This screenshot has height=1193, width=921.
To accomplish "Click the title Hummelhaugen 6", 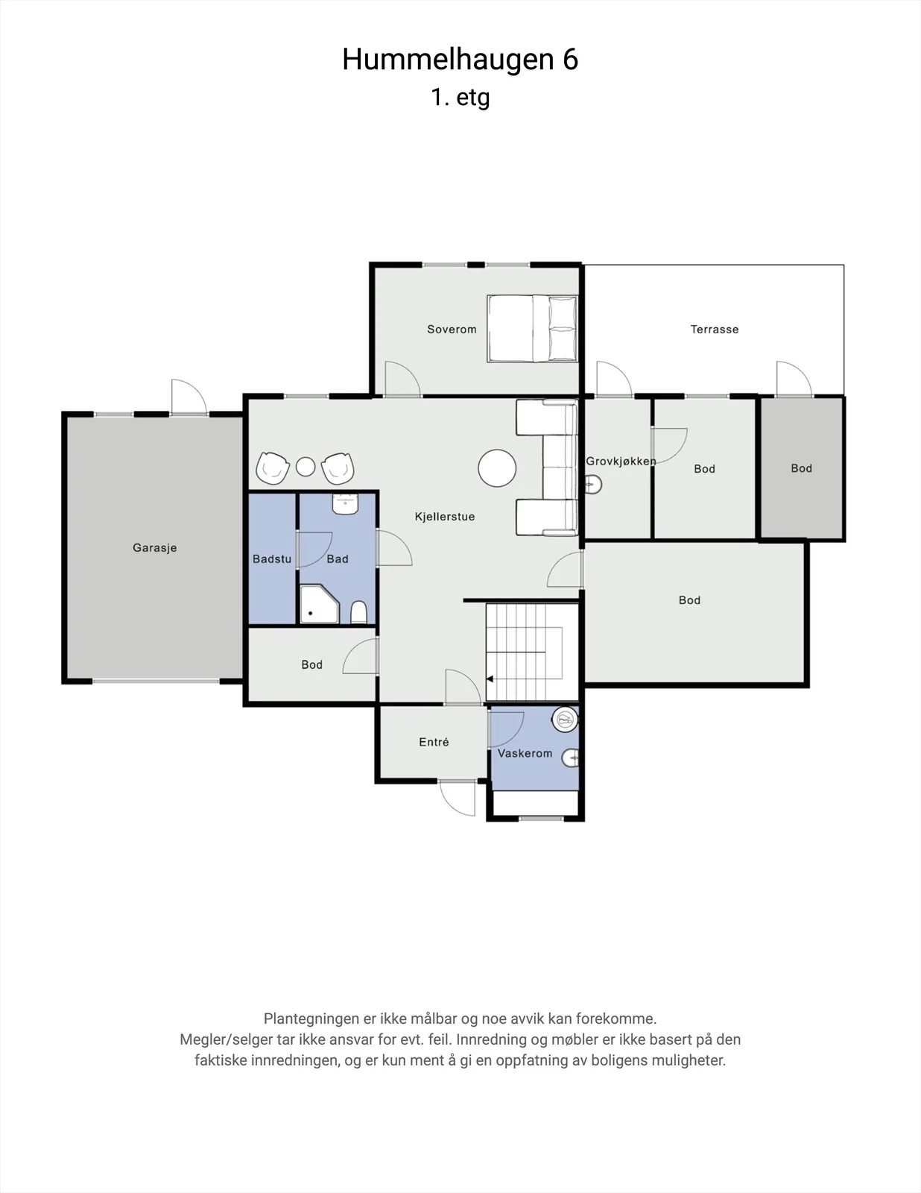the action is (x=460, y=60).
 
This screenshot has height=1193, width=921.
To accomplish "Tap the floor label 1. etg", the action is (x=460, y=98).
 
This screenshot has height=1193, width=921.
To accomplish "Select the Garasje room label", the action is (x=155, y=547).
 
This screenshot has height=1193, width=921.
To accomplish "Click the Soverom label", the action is (x=452, y=330).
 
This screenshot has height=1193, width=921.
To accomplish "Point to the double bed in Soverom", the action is (x=533, y=328).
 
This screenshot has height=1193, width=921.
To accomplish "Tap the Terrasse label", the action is (x=714, y=330).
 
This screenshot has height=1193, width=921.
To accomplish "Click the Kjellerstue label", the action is (x=445, y=517).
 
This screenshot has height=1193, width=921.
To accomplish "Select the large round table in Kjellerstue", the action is (x=497, y=468).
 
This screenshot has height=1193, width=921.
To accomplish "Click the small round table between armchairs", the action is (x=306, y=467).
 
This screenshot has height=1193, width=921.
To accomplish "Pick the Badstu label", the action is (x=272, y=559).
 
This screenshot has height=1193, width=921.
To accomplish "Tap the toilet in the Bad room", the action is (x=358, y=612).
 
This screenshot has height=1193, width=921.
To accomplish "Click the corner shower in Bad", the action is (x=319, y=604).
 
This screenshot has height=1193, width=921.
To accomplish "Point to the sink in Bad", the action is (x=346, y=504).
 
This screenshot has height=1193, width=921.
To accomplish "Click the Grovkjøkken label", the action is (x=621, y=461).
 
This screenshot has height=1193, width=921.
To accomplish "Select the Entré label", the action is (x=434, y=742).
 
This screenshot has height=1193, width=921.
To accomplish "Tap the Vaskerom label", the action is (x=525, y=753).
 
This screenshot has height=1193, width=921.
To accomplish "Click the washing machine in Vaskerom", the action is (x=565, y=720).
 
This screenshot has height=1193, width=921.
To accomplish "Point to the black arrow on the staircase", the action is (x=490, y=679).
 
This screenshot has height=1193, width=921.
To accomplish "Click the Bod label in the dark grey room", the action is (x=802, y=468).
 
